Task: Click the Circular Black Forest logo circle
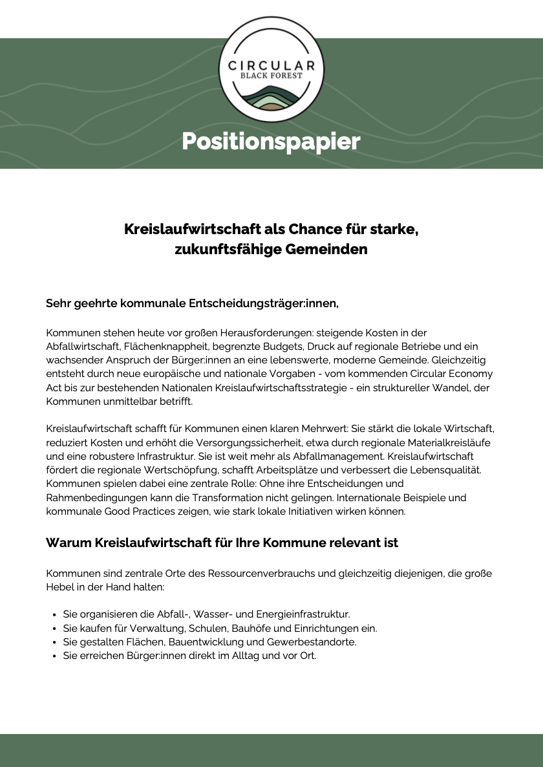click(x=271, y=70)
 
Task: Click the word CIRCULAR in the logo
click(x=271, y=65)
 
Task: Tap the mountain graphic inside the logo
click(x=271, y=98)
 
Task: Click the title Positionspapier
click(x=271, y=141)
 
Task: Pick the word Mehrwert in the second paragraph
click(x=313, y=429)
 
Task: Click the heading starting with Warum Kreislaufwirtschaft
click(x=222, y=543)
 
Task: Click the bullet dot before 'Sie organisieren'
click(x=52, y=614)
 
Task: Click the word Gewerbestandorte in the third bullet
click(x=312, y=642)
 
